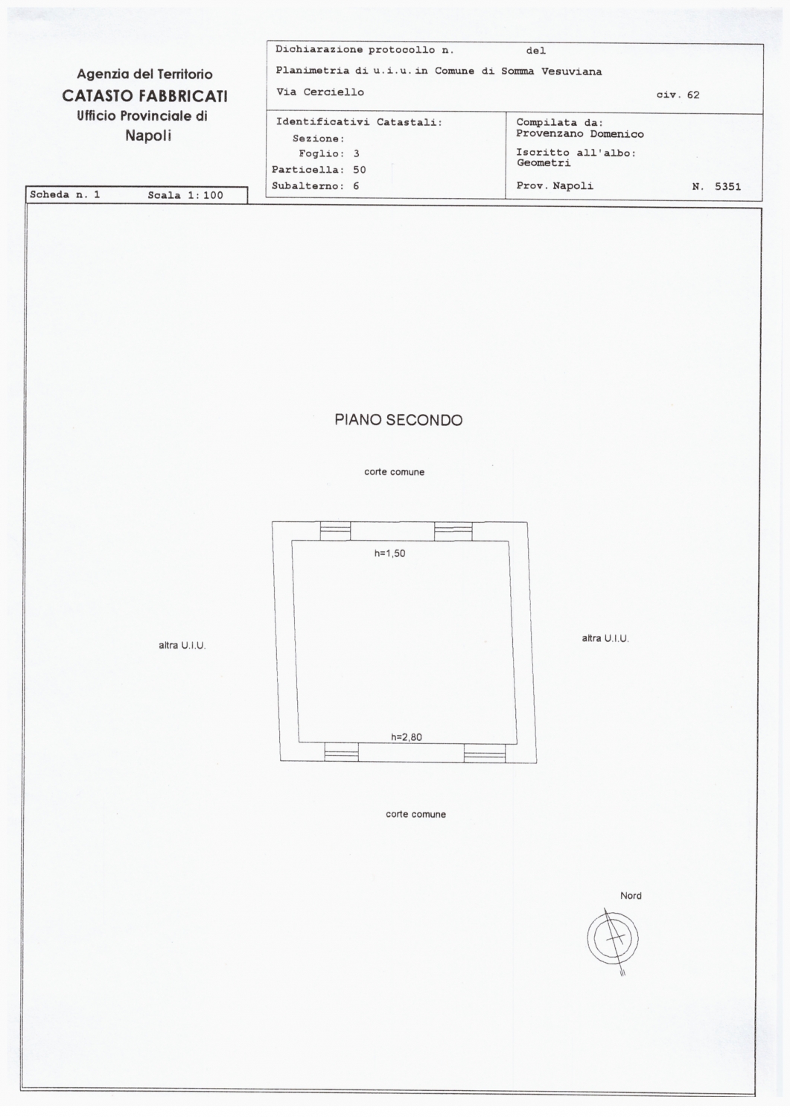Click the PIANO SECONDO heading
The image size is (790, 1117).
[x=398, y=420]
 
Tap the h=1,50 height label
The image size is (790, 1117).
[x=390, y=553]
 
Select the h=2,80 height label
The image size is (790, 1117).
[x=407, y=737]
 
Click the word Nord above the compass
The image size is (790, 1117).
[x=631, y=896]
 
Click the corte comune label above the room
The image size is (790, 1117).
[x=395, y=471]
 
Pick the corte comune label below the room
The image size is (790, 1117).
[x=416, y=815]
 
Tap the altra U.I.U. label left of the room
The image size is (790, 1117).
[x=182, y=646]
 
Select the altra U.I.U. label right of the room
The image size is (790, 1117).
[x=605, y=638]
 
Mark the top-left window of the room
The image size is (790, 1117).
[x=335, y=531]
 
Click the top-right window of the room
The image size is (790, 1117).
[x=453, y=532]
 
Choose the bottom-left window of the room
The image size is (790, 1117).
[x=342, y=751]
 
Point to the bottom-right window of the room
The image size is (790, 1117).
[x=485, y=753]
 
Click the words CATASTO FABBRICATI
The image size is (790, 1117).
[x=144, y=96]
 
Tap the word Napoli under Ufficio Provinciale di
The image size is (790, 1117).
[x=148, y=136]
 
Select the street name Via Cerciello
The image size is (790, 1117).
[x=320, y=92]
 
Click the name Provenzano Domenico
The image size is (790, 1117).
[x=580, y=134]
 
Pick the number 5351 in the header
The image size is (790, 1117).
[x=728, y=187]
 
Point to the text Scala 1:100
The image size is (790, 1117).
[x=185, y=195]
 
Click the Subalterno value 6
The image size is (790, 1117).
[x=356, y=186]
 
